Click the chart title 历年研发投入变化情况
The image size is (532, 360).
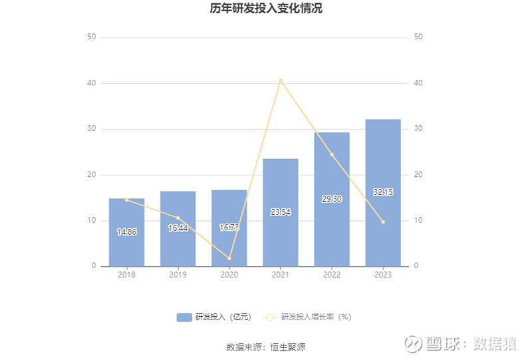coord(266,9)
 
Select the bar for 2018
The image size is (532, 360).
coord(126,232)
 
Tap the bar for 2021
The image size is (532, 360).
coord(281,212)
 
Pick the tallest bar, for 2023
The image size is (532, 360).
coord(383,193)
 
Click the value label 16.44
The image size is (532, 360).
coord(178,228)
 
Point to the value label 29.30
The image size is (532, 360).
coord(331,199)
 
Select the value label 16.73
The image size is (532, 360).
coord(229,228)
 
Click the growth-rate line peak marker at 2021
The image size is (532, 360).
coord(281,81)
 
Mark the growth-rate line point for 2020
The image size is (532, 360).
coord(229,258)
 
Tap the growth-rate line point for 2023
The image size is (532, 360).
coord(383,222)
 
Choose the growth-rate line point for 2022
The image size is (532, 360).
coord(332,154)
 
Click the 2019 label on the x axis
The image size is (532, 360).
coord(178,275)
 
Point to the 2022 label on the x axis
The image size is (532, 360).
coord(332,275)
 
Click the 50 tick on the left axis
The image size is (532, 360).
coord(92,37)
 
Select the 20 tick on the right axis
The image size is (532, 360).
coord(418,175)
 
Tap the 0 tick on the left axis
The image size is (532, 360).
coord(94,266)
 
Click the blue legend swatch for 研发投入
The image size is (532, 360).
coord(184,317)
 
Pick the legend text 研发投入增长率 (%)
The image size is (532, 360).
coord(316,317)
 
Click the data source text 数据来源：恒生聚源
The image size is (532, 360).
coord(266,347)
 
